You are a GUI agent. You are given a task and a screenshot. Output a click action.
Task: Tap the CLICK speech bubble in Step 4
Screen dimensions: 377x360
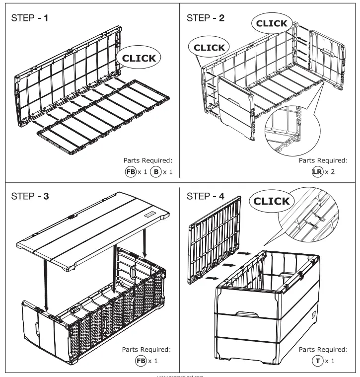click(x=278, y=201)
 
